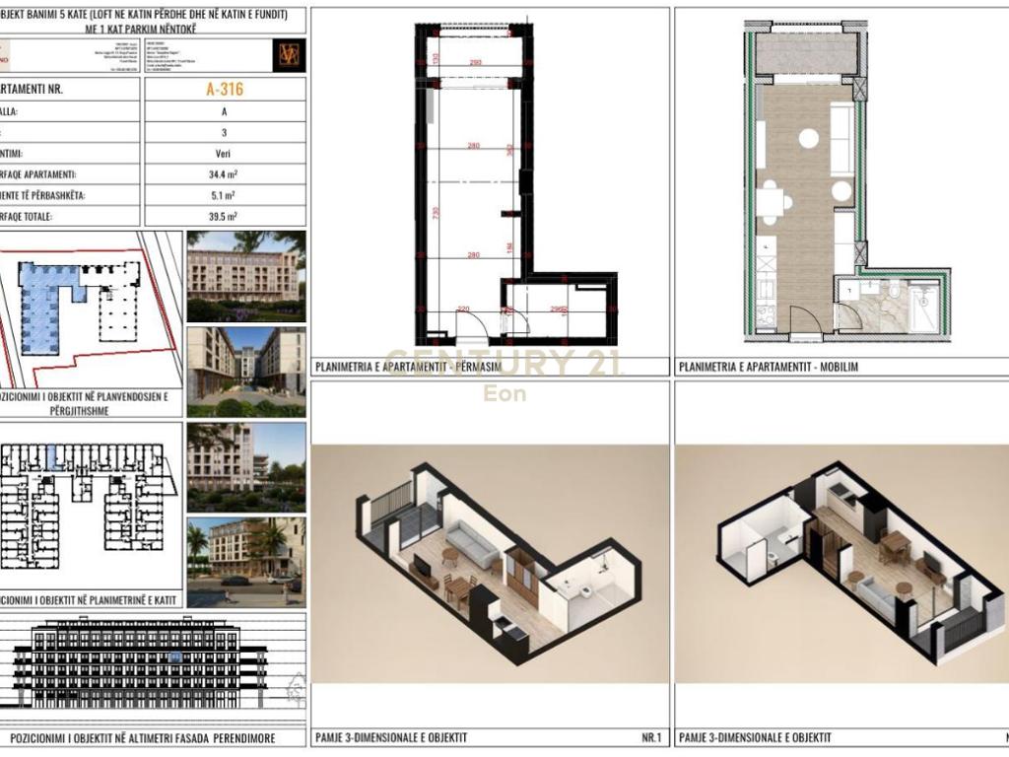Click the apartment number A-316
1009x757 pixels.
225,90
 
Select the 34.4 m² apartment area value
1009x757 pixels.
225,174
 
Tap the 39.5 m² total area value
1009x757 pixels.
225,216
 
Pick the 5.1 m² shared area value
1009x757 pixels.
225,195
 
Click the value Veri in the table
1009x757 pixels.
225,154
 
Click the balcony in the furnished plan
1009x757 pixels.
807,51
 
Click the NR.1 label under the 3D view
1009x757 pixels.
651,737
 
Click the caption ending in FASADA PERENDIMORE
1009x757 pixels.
143,738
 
